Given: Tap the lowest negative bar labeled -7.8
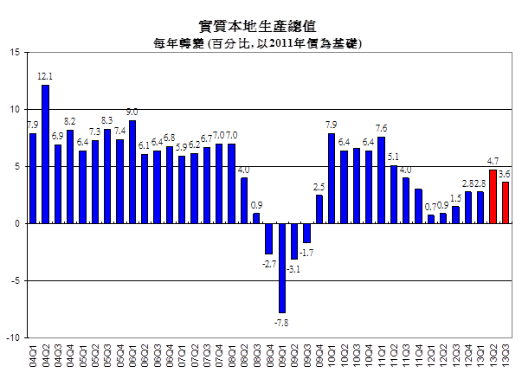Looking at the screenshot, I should (x=282, y=267).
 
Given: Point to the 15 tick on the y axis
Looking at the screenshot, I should (x=15, y=53).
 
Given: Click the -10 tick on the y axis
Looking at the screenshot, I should (x=13, y=337).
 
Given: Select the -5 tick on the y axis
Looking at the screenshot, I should (x=15, y=280).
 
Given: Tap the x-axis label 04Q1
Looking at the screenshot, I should (x=34, y=356).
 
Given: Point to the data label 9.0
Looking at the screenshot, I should (x=132, y=112).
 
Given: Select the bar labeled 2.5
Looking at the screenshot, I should (x=319, y=209).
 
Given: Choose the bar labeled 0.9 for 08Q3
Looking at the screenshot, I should (x=257, y=218).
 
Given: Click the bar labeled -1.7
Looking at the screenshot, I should (x=306, y=233).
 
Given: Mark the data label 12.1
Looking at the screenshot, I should (x=46, y=77).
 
